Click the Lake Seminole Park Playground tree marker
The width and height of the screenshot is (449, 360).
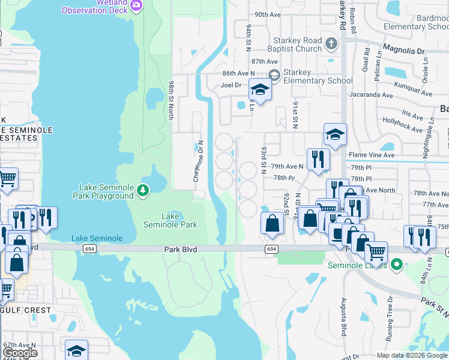[x=143, y=191]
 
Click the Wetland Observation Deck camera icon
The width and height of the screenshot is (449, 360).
[x=136, y=5]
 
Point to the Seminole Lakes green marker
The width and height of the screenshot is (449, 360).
[x=396, y=264]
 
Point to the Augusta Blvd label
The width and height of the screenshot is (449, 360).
[x=345, y=316]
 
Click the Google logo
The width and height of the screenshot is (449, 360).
[x=20, y=353]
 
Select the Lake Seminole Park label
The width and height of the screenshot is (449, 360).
[x=170, y=220]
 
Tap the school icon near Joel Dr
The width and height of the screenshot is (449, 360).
[x=259, y=90]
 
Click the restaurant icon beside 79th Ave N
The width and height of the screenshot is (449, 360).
[x=318, y=159]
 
